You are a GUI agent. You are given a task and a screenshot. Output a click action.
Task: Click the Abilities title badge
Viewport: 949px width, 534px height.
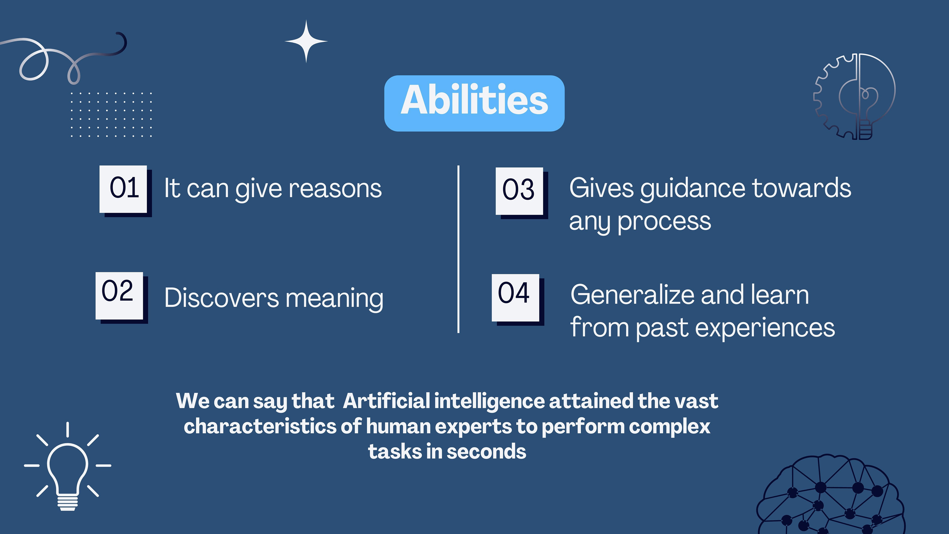474,103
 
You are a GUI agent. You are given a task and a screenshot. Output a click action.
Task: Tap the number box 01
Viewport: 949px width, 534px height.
123,189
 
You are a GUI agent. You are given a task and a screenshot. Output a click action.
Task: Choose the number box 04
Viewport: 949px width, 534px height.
515,298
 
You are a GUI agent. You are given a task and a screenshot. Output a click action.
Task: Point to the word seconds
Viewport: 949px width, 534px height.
486,452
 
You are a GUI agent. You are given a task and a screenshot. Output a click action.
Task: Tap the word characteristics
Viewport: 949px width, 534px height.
260,426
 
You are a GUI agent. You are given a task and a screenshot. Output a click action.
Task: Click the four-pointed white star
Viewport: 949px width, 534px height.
306,41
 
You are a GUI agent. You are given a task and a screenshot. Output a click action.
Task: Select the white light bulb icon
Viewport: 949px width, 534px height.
67,467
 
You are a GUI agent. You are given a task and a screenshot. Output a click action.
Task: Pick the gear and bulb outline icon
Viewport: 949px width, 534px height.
855,97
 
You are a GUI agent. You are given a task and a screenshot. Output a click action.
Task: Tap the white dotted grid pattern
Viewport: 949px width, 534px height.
111,115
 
